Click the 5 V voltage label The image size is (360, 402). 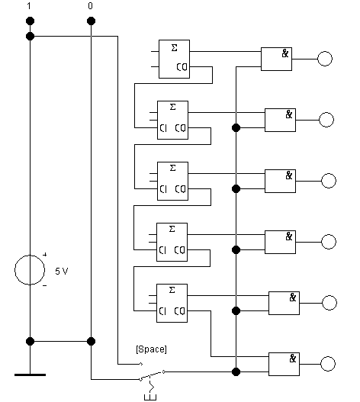pyautogui.click(x=62, y=271)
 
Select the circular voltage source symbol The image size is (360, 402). pyautogui.click(x=14, y=270)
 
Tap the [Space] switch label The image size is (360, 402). pyautogui.click(x=151, y=349)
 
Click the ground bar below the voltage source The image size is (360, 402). pyautogui.click(x=30, y=375)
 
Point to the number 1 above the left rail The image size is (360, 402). pyautogui.click(x=29, y=6)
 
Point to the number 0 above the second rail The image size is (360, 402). pyautogui.click(x=90, y=6)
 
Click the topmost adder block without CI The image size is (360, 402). pyautogui.click(x=174, y=59)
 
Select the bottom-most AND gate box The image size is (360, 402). pyautogui.click(x=284, y=364)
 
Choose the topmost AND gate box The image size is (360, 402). pyautogui.click(x=276, y=59)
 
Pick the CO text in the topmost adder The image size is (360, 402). pyautogui.click(x=182, y=67)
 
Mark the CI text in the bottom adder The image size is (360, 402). pyautogui.click(x=162, y=311)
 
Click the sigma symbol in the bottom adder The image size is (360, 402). pyautogui.click(x=172, y=290)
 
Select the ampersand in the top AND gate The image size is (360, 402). pyautogui.click(x=285, y=53)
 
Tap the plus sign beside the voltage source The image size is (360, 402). pyautogui.click(x=44, y=255)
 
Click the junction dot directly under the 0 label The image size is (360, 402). pyautogui.click(x=91, y=21)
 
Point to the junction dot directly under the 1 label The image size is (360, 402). pyautogui.click(x=30, y=21)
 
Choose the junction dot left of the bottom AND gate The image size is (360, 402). pyautogui.click(x=236, y=371)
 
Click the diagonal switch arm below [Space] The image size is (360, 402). pyautogui.click(x=152, y=375)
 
